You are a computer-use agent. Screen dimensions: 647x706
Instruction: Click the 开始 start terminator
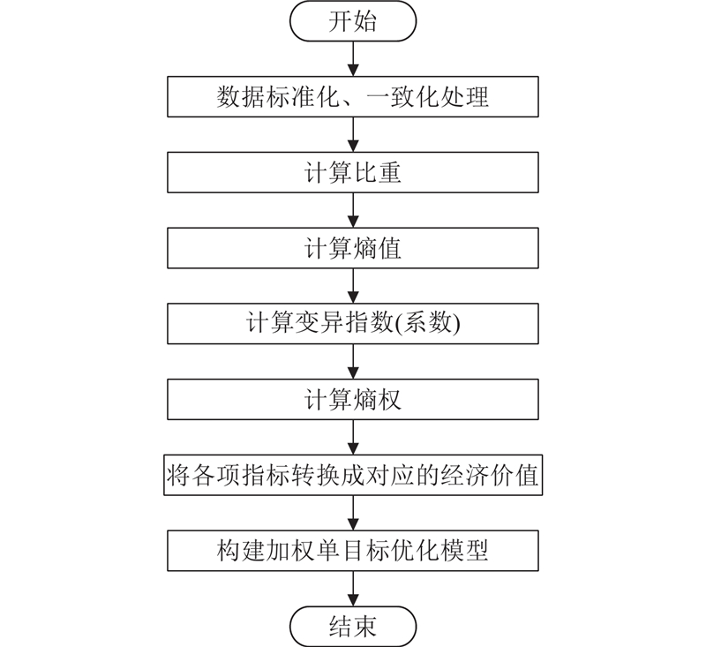(x=353, y=22)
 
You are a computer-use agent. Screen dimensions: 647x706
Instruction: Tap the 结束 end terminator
(x=353, y=626)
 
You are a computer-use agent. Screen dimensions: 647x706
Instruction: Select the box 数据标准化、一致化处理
(x=353, y=97)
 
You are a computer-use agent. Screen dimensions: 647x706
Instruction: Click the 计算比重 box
(x=353, y=173)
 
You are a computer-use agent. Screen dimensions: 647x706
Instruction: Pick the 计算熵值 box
(x=353, y=249)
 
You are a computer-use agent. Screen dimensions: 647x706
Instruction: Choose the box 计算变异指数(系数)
(x=353, y=325)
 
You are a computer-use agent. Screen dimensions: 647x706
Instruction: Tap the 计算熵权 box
(x=353, y=400)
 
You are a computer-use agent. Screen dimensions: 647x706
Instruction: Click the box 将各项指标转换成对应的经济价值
(x=353, y=476)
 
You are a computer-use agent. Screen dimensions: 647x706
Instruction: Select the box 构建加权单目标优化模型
(x=353, y=551)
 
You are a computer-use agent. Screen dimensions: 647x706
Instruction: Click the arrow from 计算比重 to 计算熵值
(x=353, y=211)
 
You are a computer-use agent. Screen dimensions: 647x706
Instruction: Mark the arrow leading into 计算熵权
(x=353, y=362)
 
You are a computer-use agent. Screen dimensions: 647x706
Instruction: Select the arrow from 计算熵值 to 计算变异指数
(x=353, y=287)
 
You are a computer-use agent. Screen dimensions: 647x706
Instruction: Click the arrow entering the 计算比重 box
(x=353, y=135)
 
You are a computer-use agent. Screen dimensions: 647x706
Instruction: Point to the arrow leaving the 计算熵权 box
(x=353, y=438)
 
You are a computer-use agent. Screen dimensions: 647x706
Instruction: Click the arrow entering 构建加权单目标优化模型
(x=353, y=514)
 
